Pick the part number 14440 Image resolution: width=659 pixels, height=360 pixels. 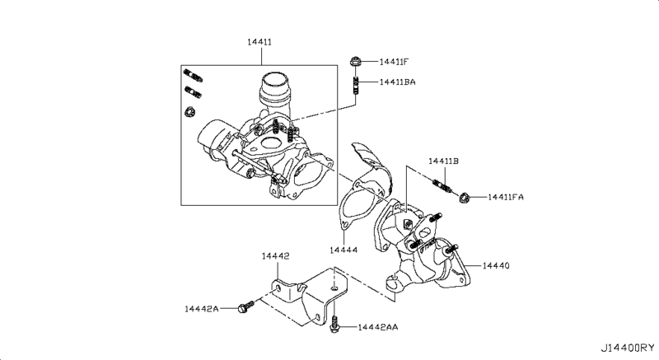[x=498, y=266]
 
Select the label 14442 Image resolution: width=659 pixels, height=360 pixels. [x=276, y=257]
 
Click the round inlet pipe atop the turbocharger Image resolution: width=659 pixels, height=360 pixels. [x=275, y=86]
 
